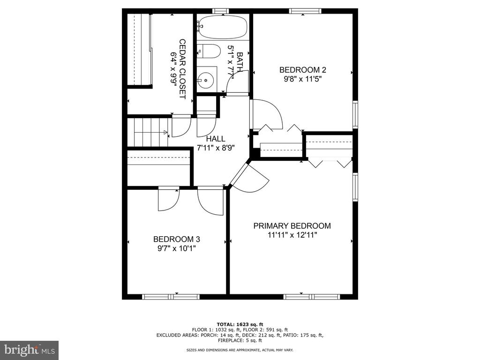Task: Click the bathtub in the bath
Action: point(223,27)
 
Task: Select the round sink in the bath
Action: point(206,80)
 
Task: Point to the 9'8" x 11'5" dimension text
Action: point(302,79)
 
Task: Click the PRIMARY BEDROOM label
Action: point(292,226)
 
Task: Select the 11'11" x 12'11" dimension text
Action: point(292,235)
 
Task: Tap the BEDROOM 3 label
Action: point(177,239)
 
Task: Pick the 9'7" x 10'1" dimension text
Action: point(177,248)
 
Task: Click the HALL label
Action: point(216,139)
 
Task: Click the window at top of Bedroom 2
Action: point(305,11)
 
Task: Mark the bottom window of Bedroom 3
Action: point(171,297)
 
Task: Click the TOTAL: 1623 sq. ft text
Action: point(240,324)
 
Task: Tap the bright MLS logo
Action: point(30,350)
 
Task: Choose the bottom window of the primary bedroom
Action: point(311,297)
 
